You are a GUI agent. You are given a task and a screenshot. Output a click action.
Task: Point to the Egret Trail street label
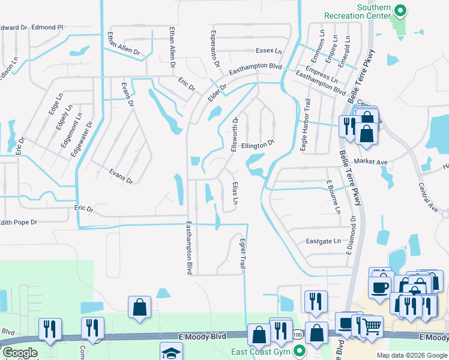tap(244, 253)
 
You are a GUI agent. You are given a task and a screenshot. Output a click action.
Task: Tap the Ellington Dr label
tap(258, 145)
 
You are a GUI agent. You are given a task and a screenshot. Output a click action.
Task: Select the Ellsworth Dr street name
tap(236, 134)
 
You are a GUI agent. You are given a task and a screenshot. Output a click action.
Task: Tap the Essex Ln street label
tap(268, 51)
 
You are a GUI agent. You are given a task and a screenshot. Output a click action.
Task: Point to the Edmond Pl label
tap(47, 27)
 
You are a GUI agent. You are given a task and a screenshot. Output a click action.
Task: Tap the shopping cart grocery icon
tap(373, 327)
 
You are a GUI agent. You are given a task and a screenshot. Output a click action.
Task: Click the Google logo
tap(20, 353)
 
